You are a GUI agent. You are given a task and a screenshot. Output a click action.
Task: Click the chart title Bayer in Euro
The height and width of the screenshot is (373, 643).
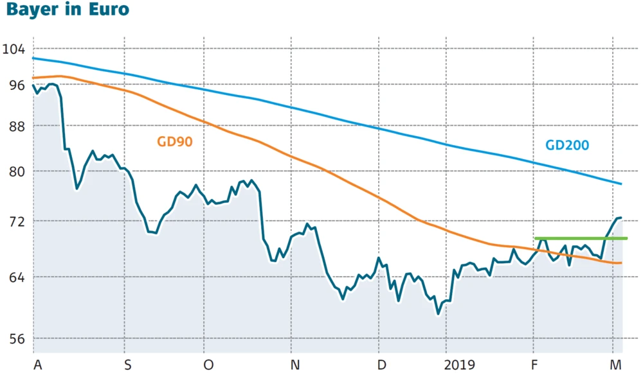click(x=65, y=10)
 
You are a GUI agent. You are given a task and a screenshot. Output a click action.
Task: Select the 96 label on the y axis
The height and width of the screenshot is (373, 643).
click(x=14, y=85)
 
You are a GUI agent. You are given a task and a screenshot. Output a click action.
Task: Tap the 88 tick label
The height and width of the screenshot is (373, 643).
click(x=14, y=126)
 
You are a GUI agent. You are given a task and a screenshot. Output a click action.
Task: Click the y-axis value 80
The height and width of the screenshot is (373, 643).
click(x=14, y=171)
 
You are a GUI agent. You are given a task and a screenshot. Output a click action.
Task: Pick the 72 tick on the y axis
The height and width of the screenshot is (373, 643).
click(x=14, y=221)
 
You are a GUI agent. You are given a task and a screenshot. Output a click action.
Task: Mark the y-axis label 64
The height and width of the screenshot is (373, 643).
click(x=14, y=277)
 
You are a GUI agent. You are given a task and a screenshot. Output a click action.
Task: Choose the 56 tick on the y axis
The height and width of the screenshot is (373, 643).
click(x=14, y=338)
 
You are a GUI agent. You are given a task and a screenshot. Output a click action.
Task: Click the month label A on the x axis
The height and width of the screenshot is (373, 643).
click(x=37, y=365)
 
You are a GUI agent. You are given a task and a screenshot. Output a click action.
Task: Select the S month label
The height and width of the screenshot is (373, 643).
click(x=128, y=365)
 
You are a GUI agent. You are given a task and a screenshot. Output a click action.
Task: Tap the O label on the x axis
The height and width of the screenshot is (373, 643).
click(x=208, y=365)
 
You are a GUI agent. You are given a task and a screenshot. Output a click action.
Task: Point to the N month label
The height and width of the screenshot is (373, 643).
click(x=295, y=365)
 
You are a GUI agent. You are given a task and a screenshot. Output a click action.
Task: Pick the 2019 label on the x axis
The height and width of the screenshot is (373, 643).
click(x=460, y=365)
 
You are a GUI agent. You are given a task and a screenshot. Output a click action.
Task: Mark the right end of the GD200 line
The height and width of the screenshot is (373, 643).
click(x=621, y=184)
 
